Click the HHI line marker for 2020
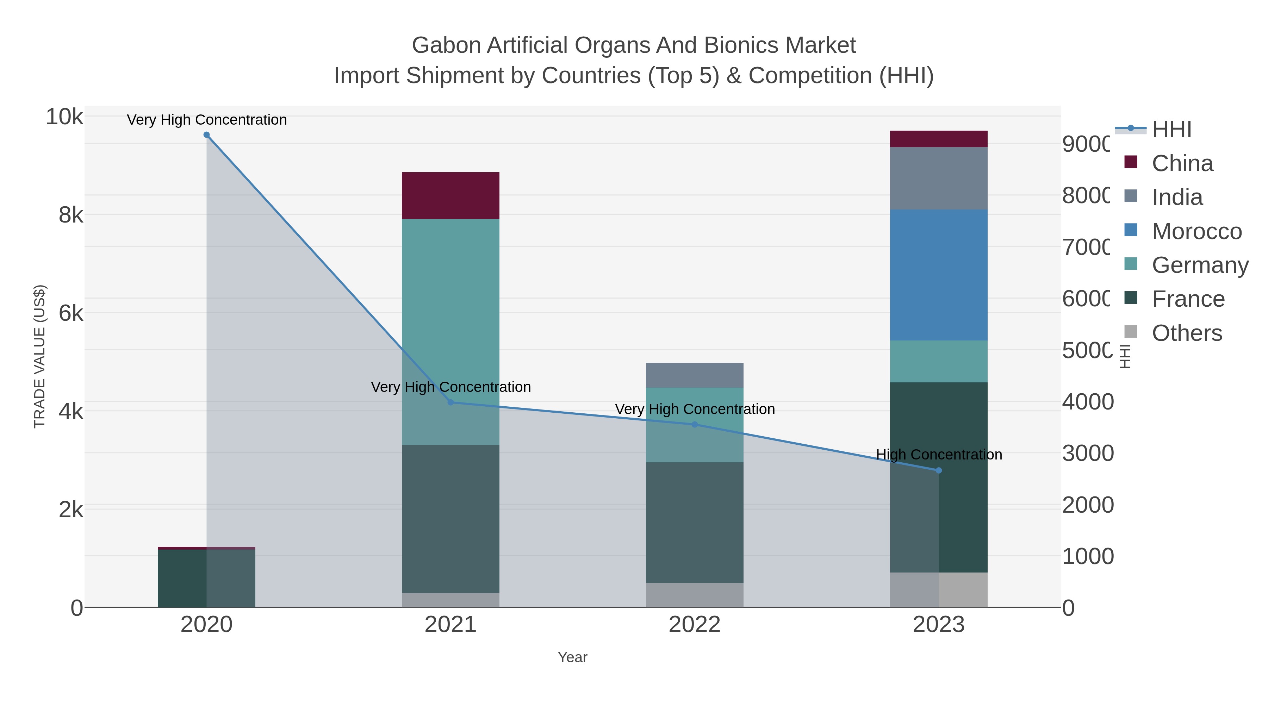click(x=207, y=135)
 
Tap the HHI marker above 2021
click(x=450, y=402)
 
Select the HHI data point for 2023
click(x=939, y=470)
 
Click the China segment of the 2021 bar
click(x=450, y=196)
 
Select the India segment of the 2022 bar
click(x=695, y=375)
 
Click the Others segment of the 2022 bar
click(x=695, y=595)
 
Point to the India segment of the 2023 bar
click(x=939, y=179)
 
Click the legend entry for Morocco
click(x=1196, y=231)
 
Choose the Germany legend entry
click(x=1200, y=265)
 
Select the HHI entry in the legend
click(x=1171, y=130)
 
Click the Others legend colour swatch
click(x=1131, y=332)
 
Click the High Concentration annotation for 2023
click(x=939, y=455)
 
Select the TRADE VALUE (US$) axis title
click(x=39, y=356)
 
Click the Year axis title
click(x=572, y=657)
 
